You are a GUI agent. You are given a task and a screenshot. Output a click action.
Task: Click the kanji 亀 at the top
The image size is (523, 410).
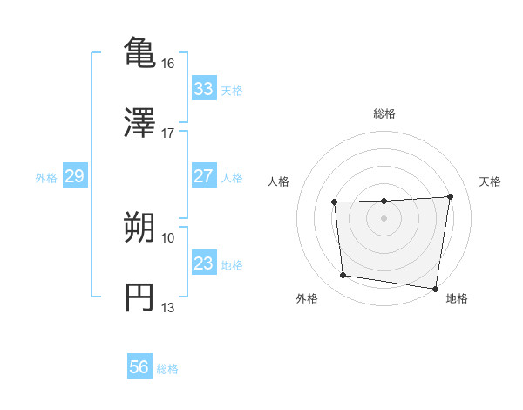(139, 51)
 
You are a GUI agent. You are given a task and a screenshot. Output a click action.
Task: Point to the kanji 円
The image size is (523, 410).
(139, 297)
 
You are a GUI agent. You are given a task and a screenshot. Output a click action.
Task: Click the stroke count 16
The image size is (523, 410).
(168, 64)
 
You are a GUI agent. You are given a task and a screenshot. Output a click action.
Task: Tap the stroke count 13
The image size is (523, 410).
(168, 308)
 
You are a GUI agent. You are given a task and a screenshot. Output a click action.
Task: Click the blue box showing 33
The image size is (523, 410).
(203, 89)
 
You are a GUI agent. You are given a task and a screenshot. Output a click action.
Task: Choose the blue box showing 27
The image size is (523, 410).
(203, 176)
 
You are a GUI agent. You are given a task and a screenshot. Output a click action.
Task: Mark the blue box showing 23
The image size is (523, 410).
(203, 263)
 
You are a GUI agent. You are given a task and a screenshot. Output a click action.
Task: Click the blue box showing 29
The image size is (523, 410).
(74, 177)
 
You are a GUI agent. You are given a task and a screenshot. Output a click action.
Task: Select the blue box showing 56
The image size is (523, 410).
(139, 367)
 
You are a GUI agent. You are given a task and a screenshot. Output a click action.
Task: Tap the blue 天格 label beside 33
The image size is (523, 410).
(232, 90)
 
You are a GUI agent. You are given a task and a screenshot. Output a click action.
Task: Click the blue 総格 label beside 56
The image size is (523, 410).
(167, 368)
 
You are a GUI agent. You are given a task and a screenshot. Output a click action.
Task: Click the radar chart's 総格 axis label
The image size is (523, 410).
(384, 113)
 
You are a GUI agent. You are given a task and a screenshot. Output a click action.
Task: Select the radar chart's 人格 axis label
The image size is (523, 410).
(279, 181)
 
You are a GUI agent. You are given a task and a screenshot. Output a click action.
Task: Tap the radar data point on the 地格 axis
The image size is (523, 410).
(435, 289)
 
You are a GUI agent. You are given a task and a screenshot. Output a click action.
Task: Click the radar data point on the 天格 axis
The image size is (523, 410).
(450, 196)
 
